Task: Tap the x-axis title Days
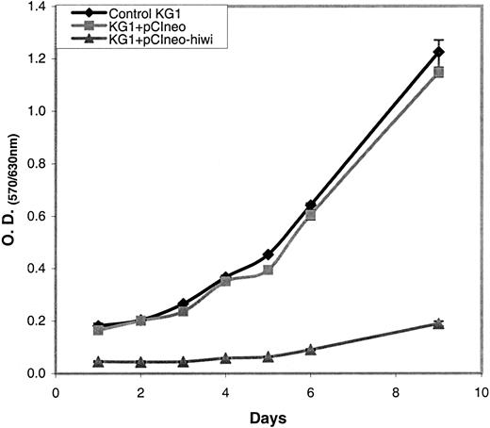click(x=268, y=416)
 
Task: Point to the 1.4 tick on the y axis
click(x=37, y=7)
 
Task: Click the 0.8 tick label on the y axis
click(x=37, y=164)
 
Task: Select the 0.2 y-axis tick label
click(x=37, y=321)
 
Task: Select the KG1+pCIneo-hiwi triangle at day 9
click(x=438, y=323)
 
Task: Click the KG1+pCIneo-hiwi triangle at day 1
click(x=99, y=361)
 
